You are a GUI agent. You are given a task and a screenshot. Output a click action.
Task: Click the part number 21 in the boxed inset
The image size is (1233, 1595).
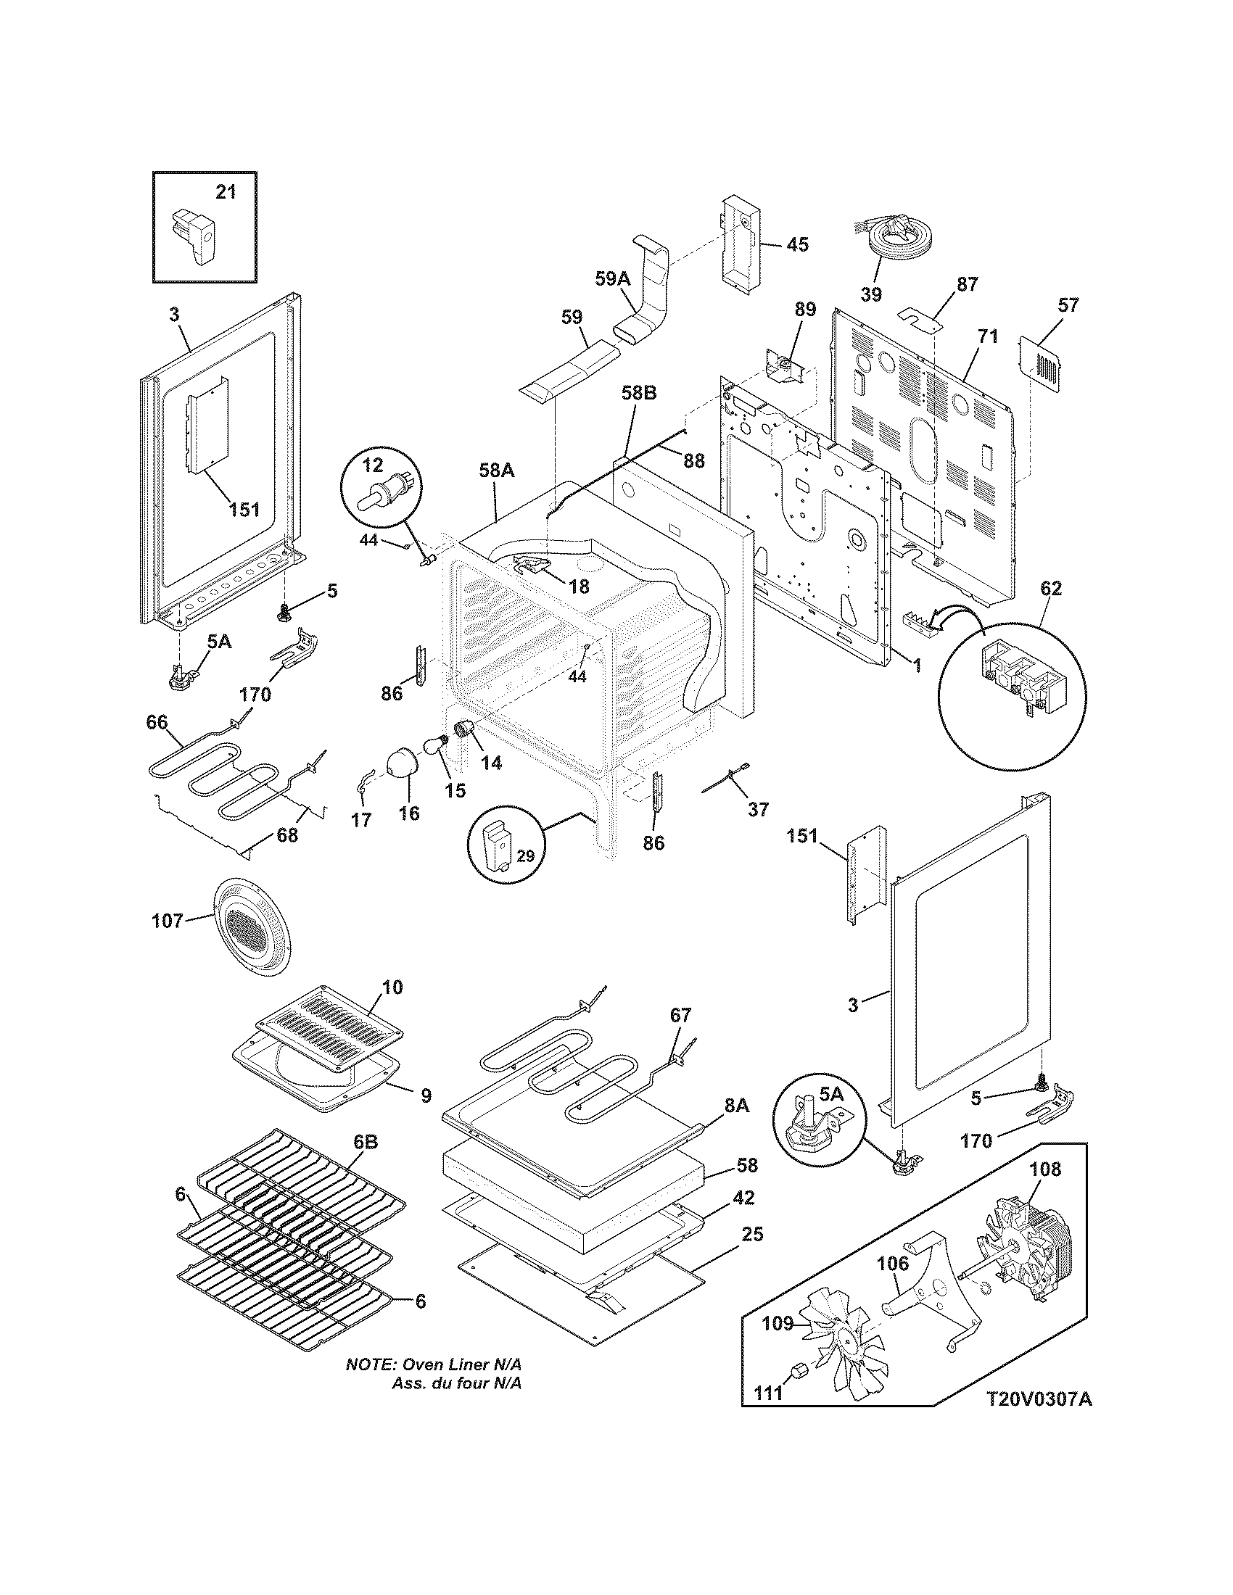tap(226, 192)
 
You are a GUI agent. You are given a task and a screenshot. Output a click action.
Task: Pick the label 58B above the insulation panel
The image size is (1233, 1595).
tap(639, 394)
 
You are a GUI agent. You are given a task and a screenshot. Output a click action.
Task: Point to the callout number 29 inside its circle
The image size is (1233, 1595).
tap(526, 855)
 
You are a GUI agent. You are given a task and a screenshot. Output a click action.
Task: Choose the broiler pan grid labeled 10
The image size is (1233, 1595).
tap(329, 1029)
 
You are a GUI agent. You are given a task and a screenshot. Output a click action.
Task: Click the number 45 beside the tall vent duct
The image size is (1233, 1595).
tap(797, 244)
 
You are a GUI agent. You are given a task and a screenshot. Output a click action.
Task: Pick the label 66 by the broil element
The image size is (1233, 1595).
tap(157, 722)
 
